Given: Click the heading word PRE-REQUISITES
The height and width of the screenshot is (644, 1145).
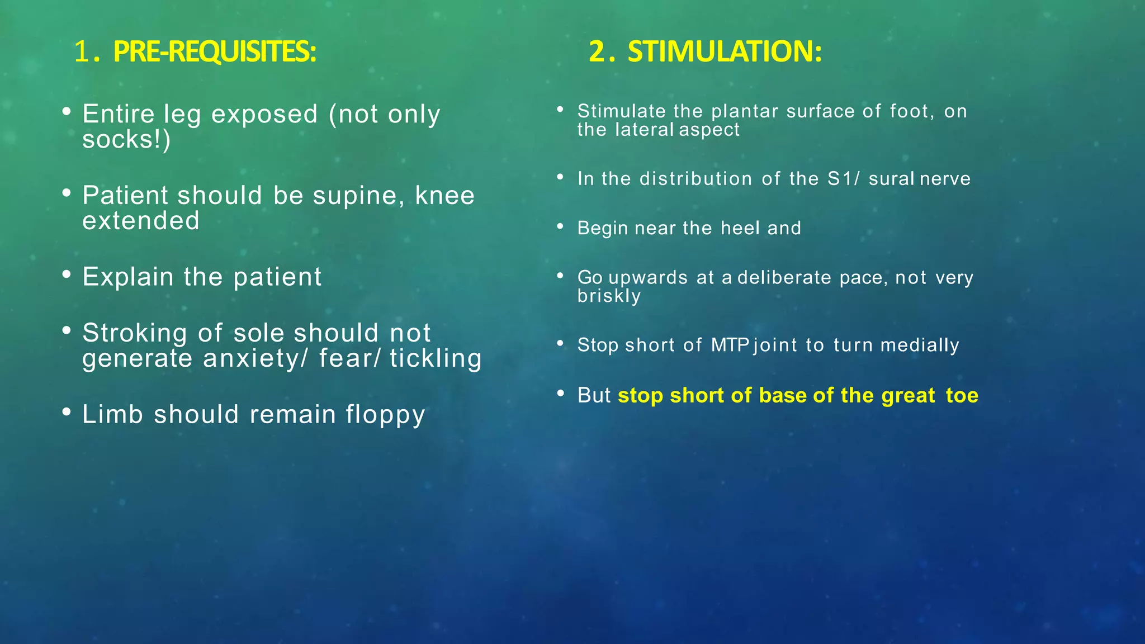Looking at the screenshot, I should [214, 52].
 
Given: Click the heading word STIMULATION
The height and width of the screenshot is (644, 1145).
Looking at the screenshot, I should [724, 52].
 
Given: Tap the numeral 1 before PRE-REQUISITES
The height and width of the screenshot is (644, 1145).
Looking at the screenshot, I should [82, 52].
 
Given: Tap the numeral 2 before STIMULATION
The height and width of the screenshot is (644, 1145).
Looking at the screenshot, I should [598, 52].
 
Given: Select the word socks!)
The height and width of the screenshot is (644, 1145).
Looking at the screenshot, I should [126, 140].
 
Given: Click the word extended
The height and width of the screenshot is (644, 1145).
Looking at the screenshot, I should [141, 221].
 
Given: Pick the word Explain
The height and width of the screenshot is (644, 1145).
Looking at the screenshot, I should [128, 277].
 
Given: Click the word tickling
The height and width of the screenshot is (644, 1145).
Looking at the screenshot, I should [436, 358].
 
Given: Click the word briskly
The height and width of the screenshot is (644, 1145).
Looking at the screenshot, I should [609, 296].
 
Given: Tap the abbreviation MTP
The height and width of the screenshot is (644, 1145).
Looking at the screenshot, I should [730, 345].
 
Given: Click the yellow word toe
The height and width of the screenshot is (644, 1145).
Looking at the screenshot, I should [962, 396].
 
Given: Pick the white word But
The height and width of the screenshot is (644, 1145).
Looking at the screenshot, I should [594, 396].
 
